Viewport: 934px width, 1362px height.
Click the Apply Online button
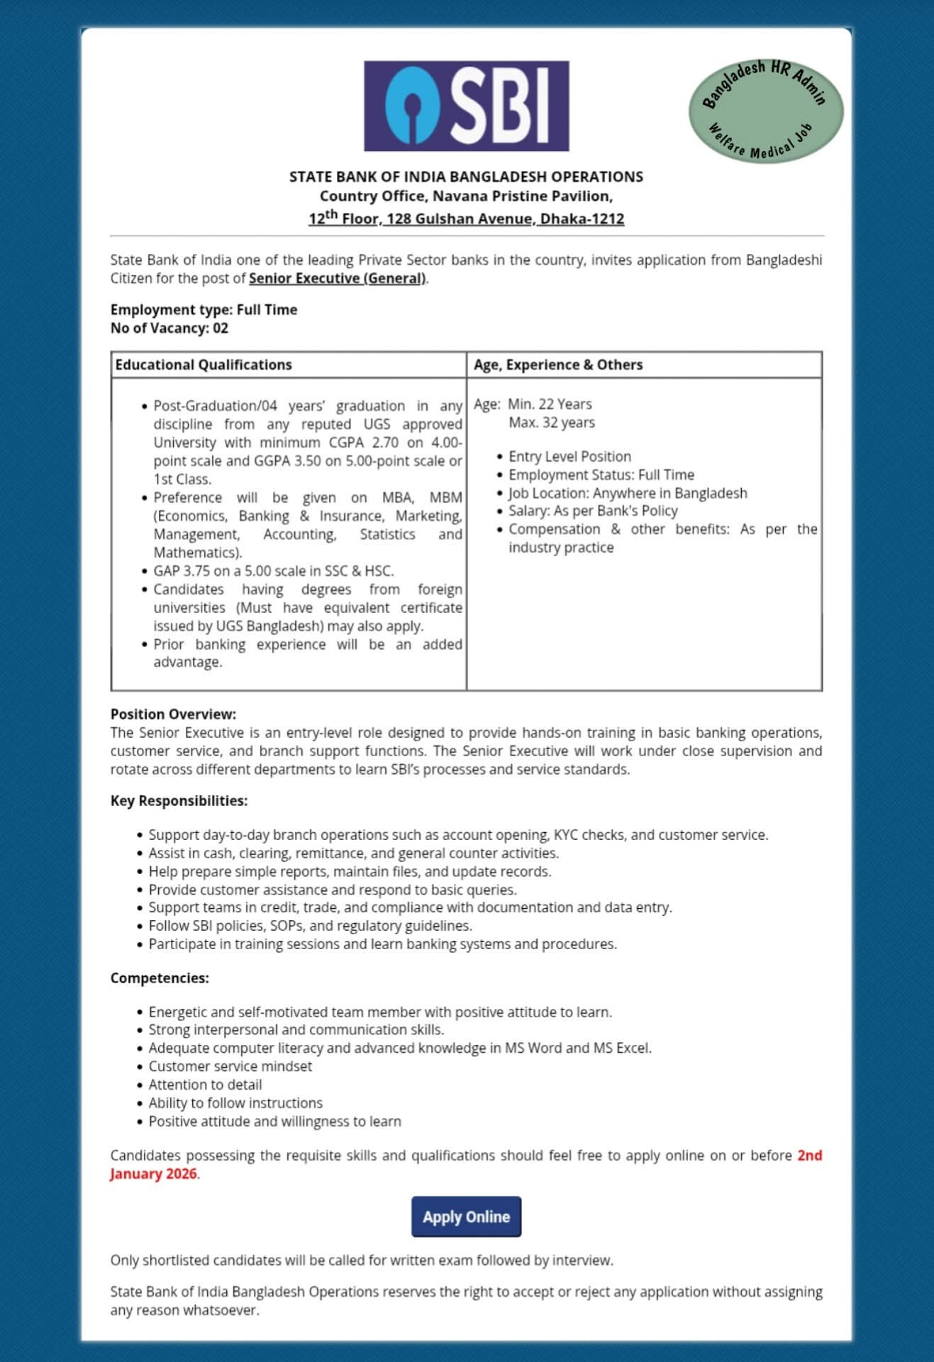pos(466,1217)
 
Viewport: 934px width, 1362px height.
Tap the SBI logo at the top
pos(466,106)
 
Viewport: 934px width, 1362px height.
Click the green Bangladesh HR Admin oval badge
pos(766,110)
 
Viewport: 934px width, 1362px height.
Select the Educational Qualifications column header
pos(204,365)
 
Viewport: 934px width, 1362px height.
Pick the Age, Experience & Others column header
pos(558,365)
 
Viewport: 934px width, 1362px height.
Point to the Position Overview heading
pos(173,714)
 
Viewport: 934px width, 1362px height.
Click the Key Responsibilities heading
pos(179,800)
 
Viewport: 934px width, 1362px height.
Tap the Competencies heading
pos(160,978)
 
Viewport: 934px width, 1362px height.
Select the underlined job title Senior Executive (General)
pos(337,278)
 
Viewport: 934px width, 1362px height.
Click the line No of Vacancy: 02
pos(169,328)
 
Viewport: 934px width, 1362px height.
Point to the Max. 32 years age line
pos(551,423)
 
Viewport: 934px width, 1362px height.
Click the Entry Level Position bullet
pos(569,456)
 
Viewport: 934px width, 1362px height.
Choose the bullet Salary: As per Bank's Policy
pos(593,511)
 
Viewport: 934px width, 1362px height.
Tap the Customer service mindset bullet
pos(230,1066)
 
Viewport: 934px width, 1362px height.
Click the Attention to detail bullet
pos(205,1085)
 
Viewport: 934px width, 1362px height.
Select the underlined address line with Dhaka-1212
pos(466,218)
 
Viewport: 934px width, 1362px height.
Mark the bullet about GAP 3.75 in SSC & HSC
pos(273,571)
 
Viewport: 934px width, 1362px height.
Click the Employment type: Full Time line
pos(204,309)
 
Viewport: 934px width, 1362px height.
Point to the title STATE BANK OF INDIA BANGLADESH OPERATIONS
pos(466,177)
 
